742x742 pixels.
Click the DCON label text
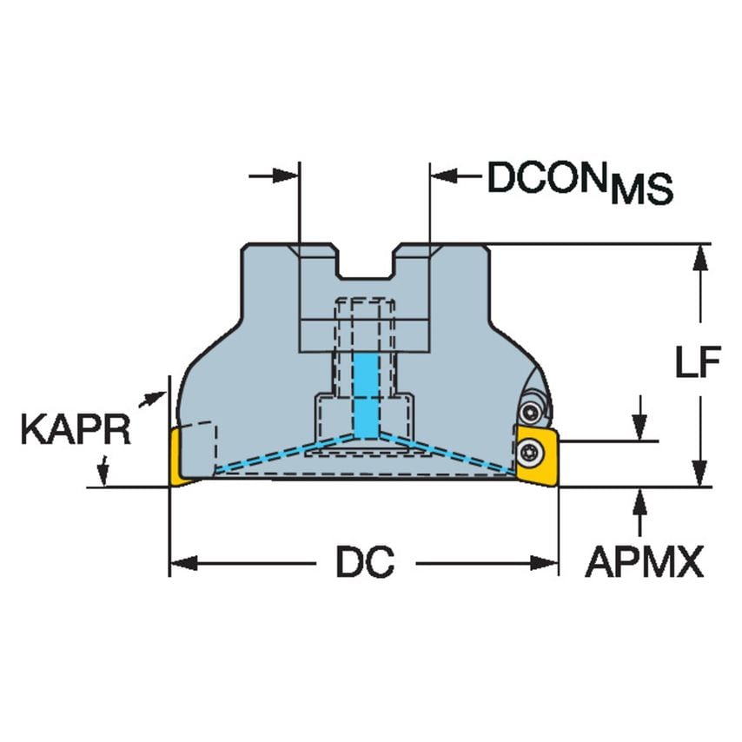point(547,177)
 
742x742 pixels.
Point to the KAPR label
point(76,429)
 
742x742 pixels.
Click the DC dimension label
point(365,564)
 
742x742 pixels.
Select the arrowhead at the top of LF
point(700,255)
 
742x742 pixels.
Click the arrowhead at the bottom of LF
point(700,475)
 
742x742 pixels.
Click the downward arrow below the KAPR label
point(103,474)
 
